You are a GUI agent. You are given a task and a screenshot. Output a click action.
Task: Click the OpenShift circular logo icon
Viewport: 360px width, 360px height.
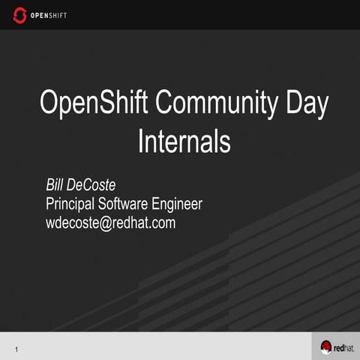[19, 15]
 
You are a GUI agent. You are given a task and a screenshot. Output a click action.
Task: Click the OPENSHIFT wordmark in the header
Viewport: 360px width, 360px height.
[48, 16]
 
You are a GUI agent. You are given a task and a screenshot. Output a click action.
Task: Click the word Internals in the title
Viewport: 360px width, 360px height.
[184, 141]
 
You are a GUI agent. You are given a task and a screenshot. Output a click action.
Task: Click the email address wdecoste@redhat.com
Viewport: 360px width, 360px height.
[110, 223]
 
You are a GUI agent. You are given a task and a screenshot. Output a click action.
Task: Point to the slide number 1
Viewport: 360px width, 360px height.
[16, 349]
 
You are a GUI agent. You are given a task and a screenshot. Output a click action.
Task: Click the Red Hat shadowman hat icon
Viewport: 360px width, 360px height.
[326, 346]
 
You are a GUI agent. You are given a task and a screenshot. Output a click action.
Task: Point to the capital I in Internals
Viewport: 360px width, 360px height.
[141, 141]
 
